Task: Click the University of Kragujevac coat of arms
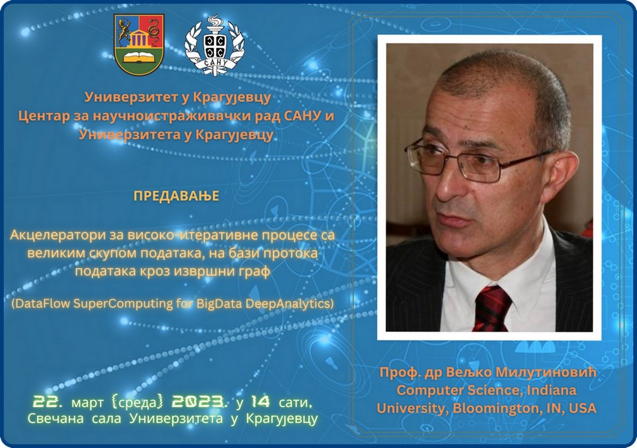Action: coord(139,45)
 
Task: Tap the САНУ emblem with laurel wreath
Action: coord(215,45)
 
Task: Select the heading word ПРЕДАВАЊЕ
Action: coord(176,196)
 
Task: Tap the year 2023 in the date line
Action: coord(196,402)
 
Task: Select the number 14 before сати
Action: coord(261,402)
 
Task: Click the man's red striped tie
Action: coord(491,308)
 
